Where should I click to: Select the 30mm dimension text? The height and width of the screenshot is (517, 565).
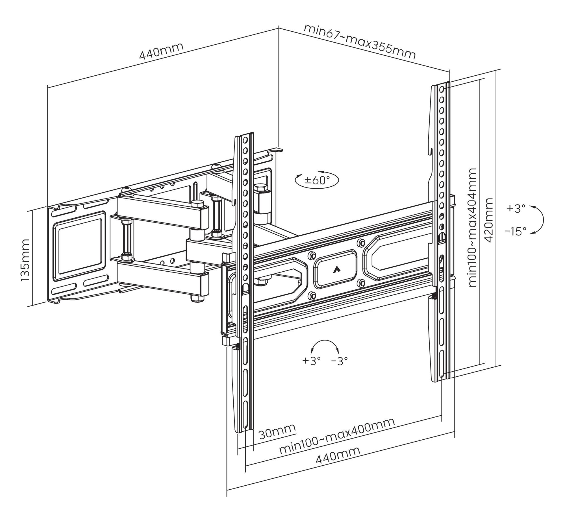tap(277, 432)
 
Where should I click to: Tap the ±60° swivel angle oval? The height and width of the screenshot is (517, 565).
tap(317, 180)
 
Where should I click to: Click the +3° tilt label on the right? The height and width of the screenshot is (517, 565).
tap(516, 208)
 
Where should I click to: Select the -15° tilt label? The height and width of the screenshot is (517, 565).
tap(516, 232)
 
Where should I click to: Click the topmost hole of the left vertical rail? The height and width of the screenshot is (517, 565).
tap(245, 139)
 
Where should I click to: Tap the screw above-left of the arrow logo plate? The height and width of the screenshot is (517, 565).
tap(312, 255)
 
